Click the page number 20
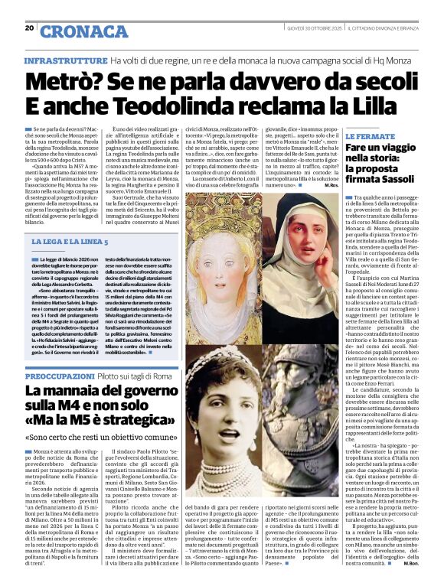(30, 28)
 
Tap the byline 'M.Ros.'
(331, 186)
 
